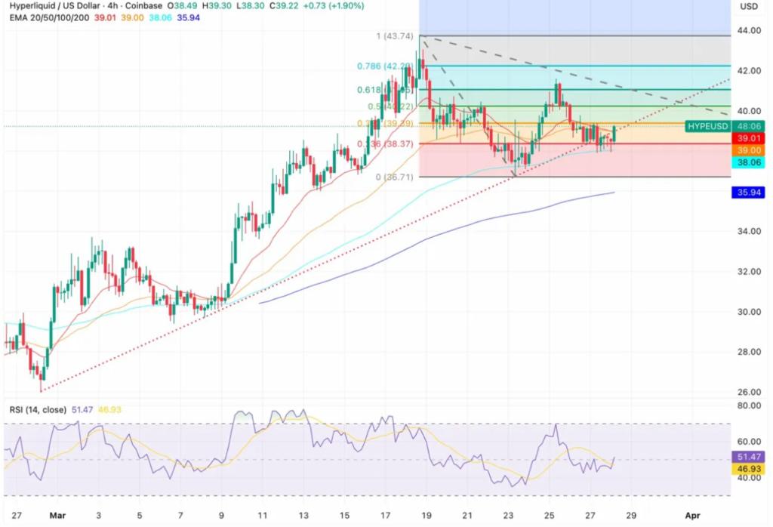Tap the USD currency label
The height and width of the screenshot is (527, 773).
click(x=749, y=6)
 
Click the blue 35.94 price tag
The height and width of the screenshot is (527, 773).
click(x=749, y=193)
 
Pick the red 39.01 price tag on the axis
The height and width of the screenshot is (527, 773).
click(x=749, y=139)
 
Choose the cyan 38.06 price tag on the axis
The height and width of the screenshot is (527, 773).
click(x=749, y=162)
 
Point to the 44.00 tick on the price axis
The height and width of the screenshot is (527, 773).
click(x=749, y=30)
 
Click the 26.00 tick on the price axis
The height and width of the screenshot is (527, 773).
click(x=749, y=392)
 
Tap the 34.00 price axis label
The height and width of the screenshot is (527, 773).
click(x=749, y=231)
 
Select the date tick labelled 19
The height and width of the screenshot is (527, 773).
click(x=427, y=515)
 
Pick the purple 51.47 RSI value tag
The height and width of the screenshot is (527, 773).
click(x=749, y=457)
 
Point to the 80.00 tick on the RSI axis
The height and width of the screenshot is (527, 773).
click(x=749, y=405)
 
